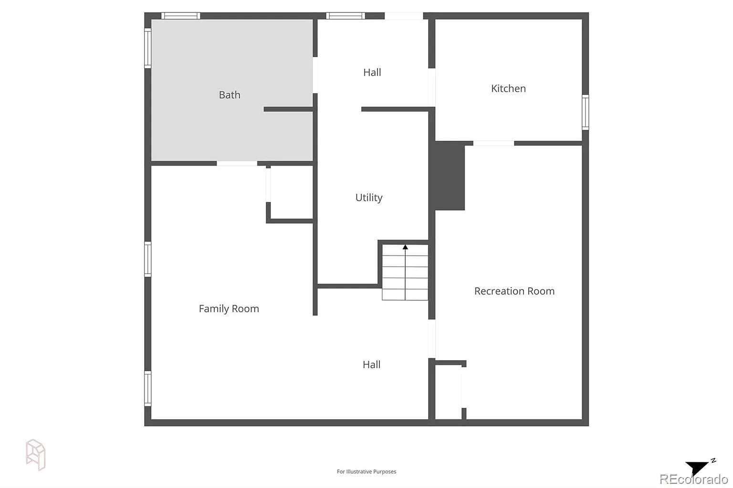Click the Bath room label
[230, 95]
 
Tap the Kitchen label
[508, 88]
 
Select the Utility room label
[369, 197]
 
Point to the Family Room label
[229, 309]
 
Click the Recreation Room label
[514, 291]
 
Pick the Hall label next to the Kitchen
[372, 73]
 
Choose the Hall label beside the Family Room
[371, 365]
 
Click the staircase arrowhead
[405, 247]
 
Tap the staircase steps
[405, 272]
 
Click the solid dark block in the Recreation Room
[450, 176]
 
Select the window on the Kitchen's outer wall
[586, 112]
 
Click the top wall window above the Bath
[181, 16]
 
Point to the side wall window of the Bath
[148, 48]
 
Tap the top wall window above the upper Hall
[346, 16]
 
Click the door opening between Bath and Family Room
[237, 163]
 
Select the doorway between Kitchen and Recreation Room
[493, 143]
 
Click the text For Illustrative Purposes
[366, 472]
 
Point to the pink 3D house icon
[36, 455]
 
